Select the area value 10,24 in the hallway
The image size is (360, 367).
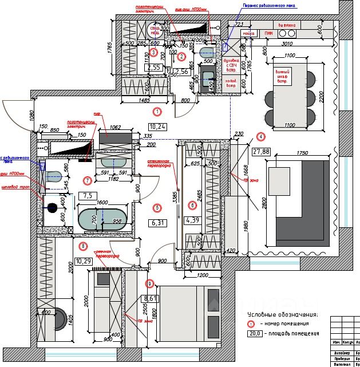pos(157,127)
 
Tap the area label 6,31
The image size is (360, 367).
pos(157,223)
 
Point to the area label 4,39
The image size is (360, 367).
pos(192,219)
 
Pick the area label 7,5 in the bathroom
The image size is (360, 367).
pos(88,195)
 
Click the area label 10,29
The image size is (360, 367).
pos(84,261)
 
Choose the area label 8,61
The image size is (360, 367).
pos(151,298)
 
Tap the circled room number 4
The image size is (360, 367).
pos(261,136)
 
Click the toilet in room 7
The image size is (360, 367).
pos(54,175)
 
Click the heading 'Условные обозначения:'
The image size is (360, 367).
pos(282,314)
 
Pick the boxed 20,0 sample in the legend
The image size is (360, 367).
pos(255,333)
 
